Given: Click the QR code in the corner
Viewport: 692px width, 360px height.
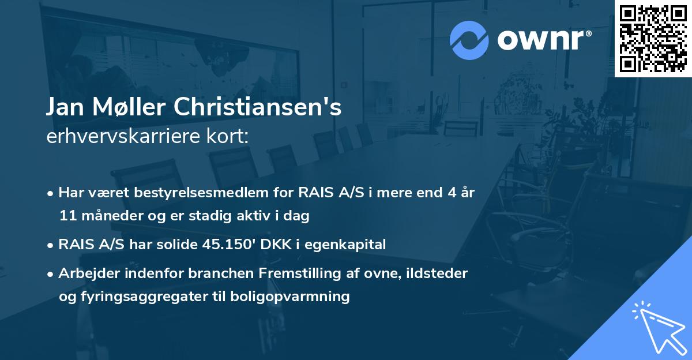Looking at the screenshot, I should click(x=653, y=39).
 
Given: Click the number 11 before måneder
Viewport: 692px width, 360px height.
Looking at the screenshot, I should click(x=66, y=216).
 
